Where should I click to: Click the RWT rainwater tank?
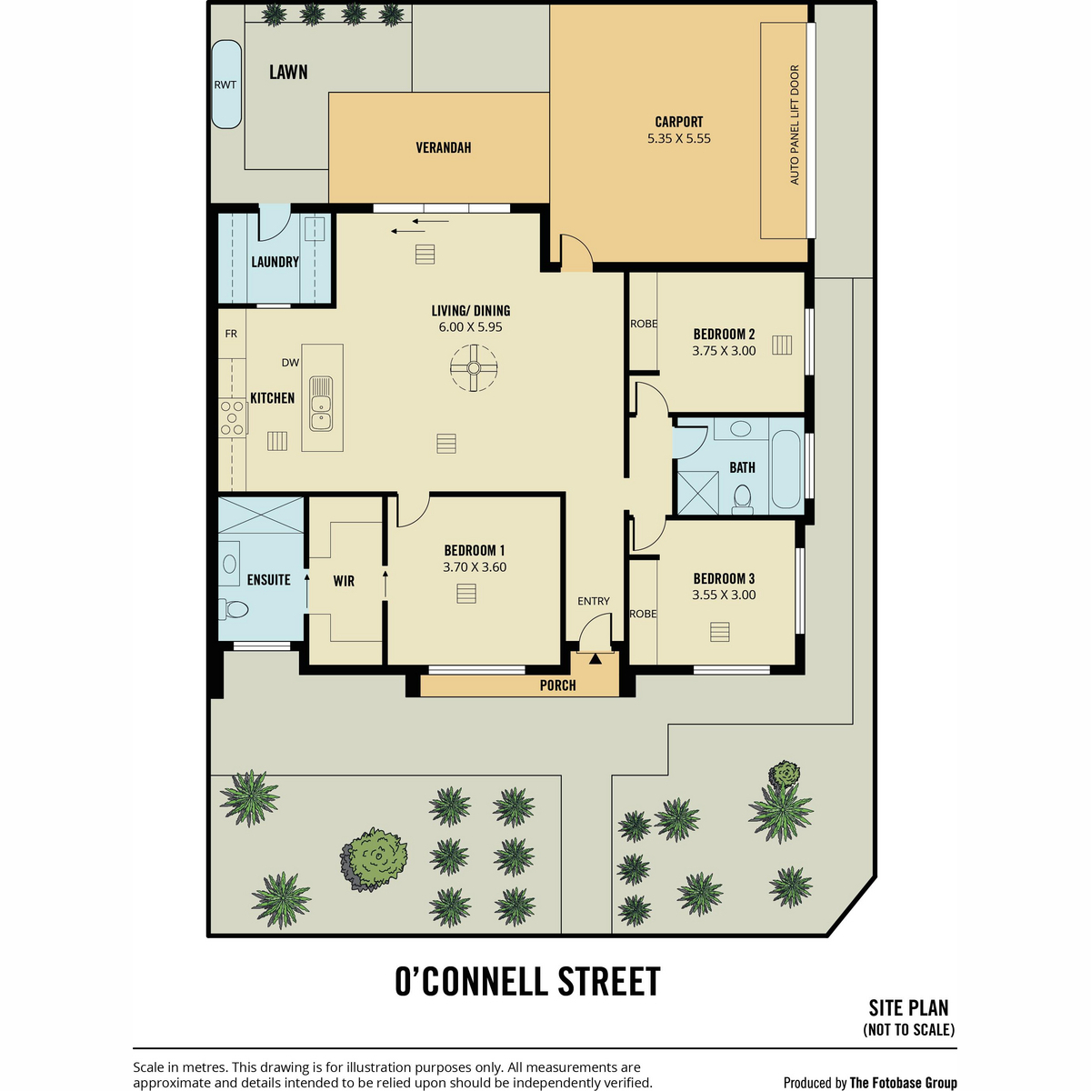[x=225, y=85]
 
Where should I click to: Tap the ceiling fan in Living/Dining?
[x=474, y=368]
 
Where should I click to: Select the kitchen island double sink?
[x=321, y=404]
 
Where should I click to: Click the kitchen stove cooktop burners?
[x=232, y=418]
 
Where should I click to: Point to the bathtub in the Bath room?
[x=786, y=469]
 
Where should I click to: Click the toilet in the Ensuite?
[x=234, y=609]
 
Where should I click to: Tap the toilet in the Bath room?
[x=742, y=499]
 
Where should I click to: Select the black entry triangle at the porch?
[x=595, y=659]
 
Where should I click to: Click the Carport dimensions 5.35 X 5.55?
[x=679, y=139]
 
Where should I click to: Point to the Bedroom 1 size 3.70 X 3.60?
[x=475, y=567]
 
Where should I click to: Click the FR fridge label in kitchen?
[x=231, y=334]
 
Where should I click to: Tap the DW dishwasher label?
[x=290, y=363]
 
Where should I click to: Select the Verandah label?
[x=444, y=148]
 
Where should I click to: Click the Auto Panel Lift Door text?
[x=795, y=125]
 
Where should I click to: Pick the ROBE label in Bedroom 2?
[x=644, y=324]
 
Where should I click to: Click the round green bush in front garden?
[x=375, y=859]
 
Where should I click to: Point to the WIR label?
[x=344, y=581]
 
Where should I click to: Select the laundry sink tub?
[x=315, y=229]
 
